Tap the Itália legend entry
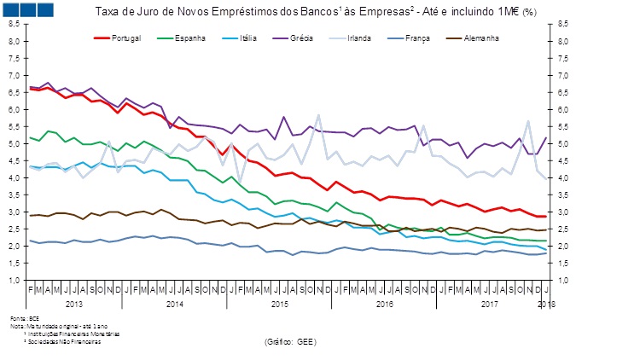click(248, 39)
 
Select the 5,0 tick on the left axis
click(15, 143)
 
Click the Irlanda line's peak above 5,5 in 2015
click(318, 115)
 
